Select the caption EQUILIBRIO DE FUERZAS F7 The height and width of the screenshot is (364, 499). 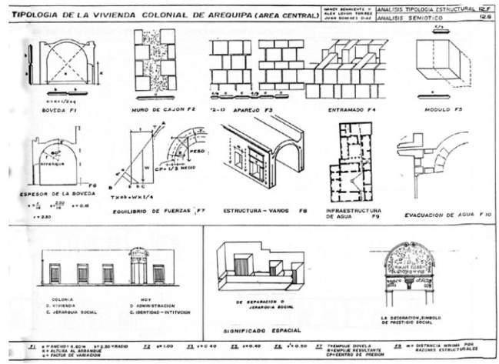point(158,210)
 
